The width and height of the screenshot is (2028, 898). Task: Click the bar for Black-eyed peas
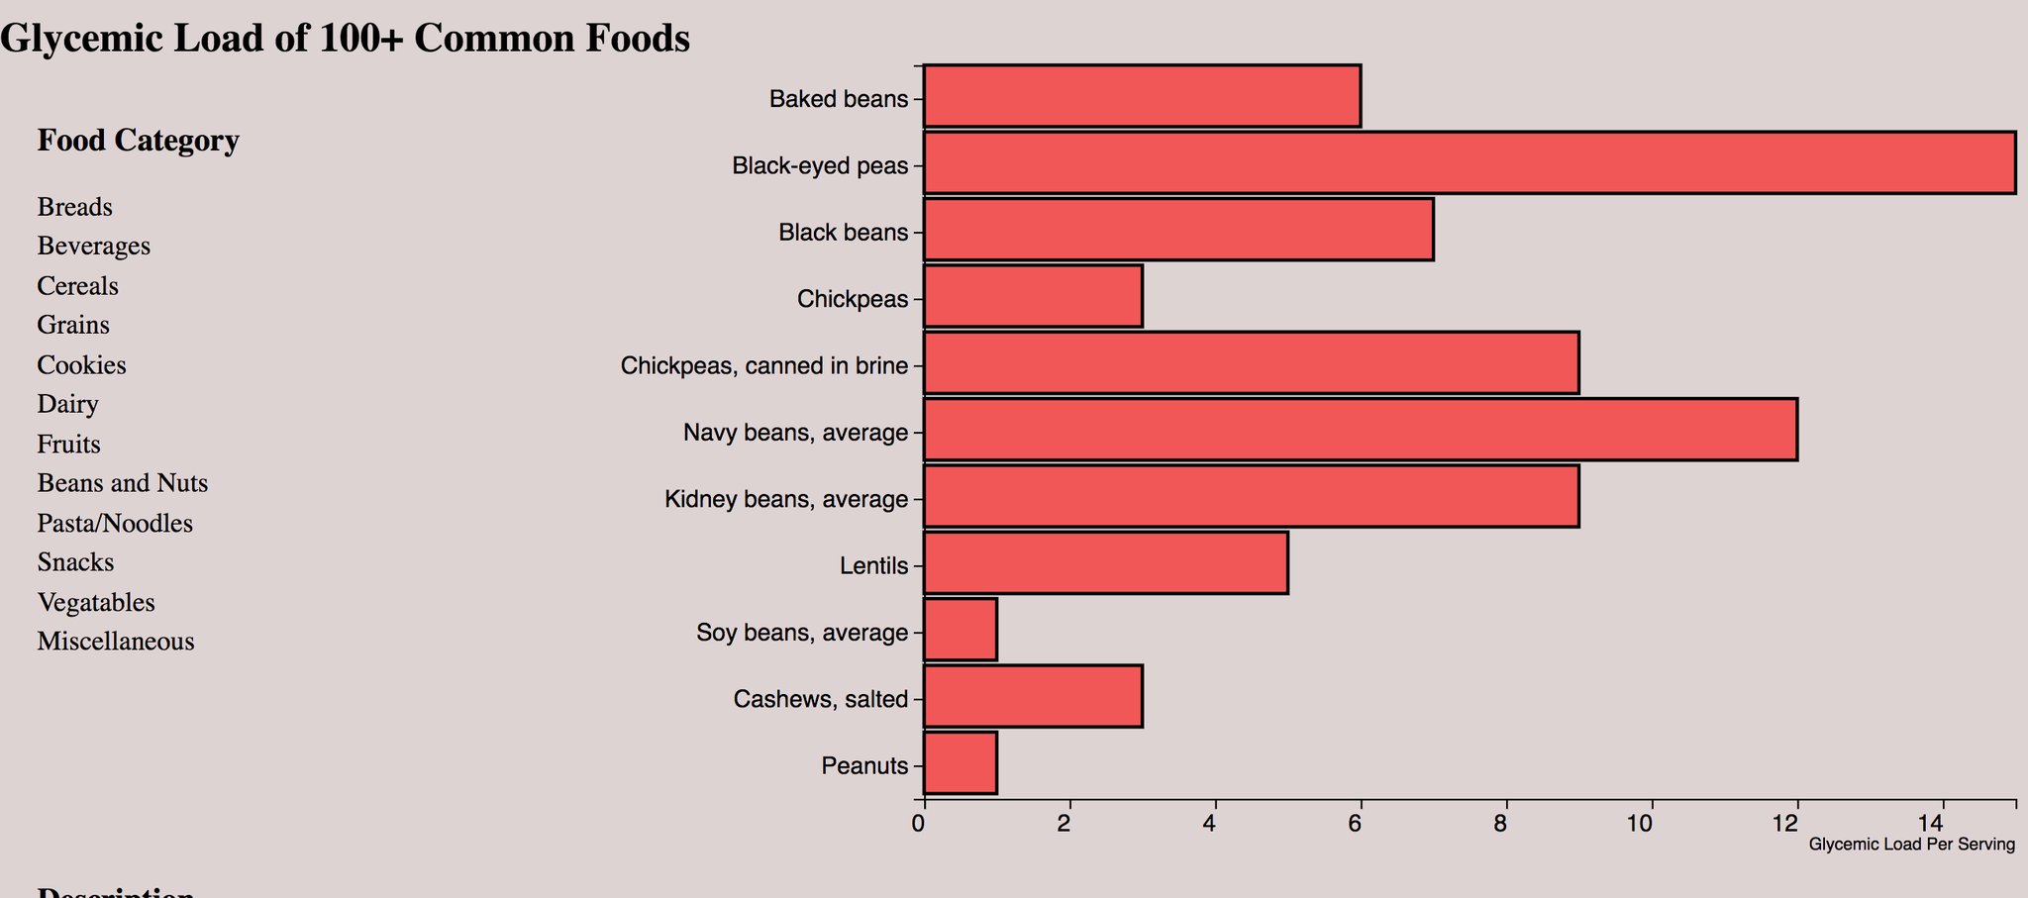point(1469,162)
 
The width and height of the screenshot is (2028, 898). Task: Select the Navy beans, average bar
point(1360,430)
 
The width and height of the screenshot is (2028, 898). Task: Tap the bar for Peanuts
point(960,763)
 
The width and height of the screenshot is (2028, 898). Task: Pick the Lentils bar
point(1105,562)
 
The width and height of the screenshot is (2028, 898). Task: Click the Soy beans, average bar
point(960,630)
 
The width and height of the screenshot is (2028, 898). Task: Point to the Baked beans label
point(838,99)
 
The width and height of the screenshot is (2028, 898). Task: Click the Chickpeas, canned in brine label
point(763,366)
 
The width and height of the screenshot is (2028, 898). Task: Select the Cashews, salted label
point(820,700)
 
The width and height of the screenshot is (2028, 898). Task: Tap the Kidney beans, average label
point(785,499)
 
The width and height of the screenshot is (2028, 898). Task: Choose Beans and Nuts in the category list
point(122,483)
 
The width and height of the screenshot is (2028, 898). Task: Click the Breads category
point(74,208)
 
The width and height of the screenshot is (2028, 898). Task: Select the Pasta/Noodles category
point(115,524)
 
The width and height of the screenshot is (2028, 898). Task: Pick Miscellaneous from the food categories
point(115,642)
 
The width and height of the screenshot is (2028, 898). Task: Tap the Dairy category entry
point(67,404)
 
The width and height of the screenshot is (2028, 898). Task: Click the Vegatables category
point(96,603)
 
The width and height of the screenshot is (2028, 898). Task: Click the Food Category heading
point(138,141)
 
